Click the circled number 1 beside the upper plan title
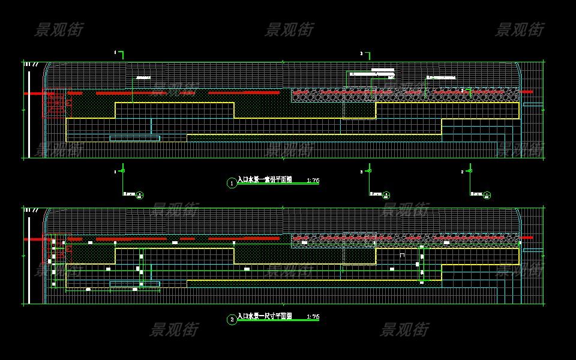point(232,183)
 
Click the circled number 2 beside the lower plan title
point(232,320)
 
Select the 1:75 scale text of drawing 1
point(313,180)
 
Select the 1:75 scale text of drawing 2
point(313,316)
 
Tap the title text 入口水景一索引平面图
point(265,179)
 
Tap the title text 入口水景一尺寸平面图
point(265,316)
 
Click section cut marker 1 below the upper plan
point(122,171)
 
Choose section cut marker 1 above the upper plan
point(120,54)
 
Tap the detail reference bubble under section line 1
point(140,194)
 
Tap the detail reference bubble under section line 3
point(386,194)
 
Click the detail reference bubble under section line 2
point(487,194)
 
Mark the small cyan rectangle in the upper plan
point(134,138)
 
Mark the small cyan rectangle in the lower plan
point(134,284)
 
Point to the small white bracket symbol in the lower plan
point(402,255)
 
